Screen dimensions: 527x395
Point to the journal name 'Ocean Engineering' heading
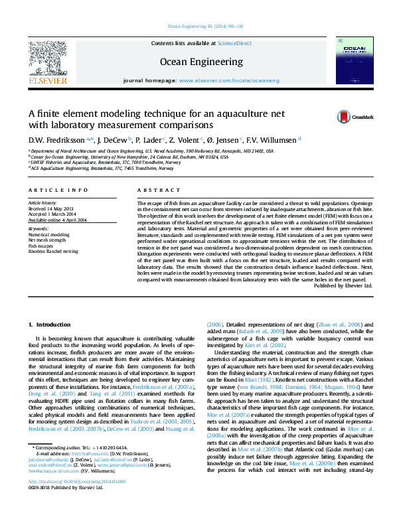[x=201, y=62]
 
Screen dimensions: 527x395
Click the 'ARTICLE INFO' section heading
[x=58, y=190]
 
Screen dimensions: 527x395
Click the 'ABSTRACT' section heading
[x=159, y=190]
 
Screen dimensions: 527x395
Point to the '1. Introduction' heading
[x=48, y=324]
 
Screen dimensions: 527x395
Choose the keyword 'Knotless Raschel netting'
[x=53, y=252]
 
